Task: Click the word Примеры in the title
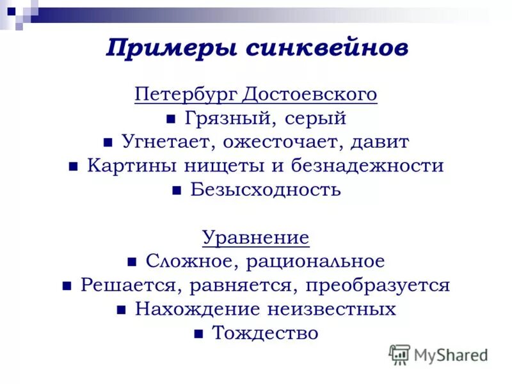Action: (x=165, y=49)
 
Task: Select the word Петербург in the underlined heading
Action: (x=186, y=95)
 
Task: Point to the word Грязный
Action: (x=223, y=118)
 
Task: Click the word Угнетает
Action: (x=161, y=142)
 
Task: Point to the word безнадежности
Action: (x=367, y=166)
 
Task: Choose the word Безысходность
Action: (x=266, y=189)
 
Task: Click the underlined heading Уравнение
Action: (x=256, y=237)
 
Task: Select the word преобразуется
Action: (x=378, y=285)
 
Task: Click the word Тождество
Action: (x=265, y=333)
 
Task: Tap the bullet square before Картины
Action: (x=74, y=167)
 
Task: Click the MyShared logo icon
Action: (x=399, y=355)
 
